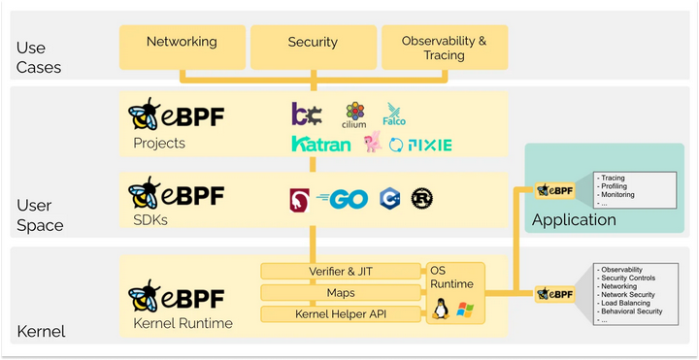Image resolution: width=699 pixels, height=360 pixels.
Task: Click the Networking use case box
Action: (x=182, y=43)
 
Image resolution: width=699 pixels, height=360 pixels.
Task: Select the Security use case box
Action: (x=313, y=43)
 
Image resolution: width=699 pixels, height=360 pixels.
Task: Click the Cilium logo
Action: (x=354, y=115)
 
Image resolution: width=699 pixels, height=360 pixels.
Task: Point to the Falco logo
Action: (x=394, y=115)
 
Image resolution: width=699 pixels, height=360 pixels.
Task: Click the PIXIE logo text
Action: (x=428, y=146)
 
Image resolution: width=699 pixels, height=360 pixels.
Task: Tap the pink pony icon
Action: (x=372, y=144)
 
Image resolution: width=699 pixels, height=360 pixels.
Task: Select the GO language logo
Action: (x=340, y=199)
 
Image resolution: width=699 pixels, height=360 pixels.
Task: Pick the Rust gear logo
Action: (x=421, y=198)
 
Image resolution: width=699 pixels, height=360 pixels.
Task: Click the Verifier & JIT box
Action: (x=341, y=271)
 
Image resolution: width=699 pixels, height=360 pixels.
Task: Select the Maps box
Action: (x=341, y=292)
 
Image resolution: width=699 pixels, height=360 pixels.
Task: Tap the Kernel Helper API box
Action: (x=341, y=313)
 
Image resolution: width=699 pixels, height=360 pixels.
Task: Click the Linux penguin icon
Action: (x=440, y=311)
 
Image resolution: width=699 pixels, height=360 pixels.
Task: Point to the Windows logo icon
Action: (x=465, y=311)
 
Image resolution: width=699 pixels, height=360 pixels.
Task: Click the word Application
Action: (x=574, y=220)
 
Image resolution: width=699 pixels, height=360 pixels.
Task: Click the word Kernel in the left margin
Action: (x=41, y=332)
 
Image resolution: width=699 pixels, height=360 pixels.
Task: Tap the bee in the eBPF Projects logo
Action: (x=146, y=115)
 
